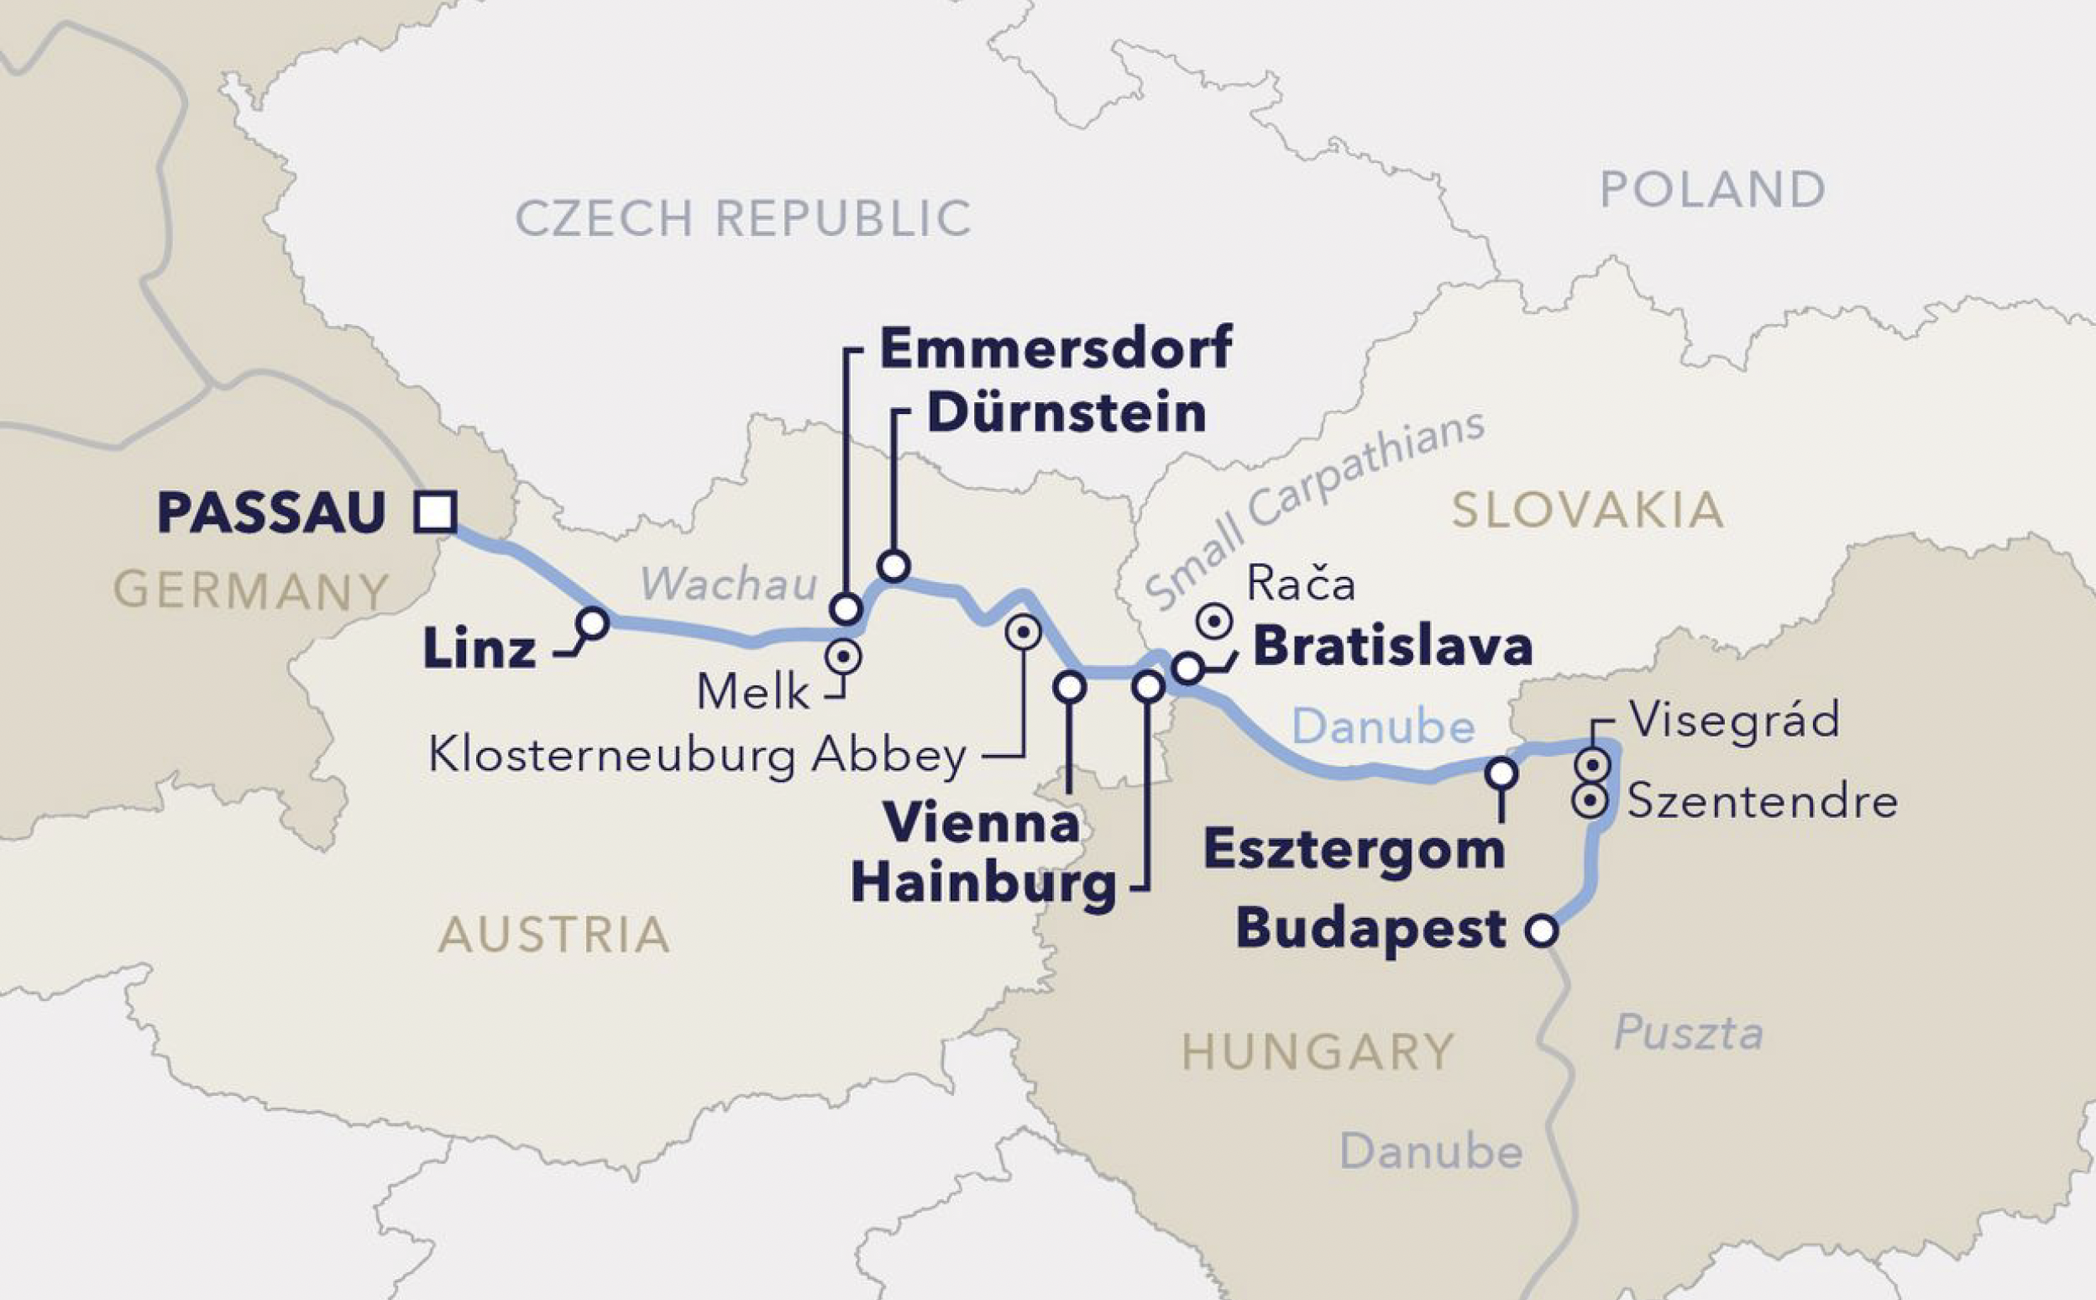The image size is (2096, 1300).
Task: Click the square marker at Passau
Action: click(434, 512)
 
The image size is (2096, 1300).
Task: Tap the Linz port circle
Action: click(592, 622)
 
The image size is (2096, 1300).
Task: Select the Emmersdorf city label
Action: click(1056, 348)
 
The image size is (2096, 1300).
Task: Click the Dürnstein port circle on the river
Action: click(894, 566)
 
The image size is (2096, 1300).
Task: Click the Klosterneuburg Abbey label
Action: click(697, 757)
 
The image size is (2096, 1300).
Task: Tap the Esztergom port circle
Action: click(1502, 773)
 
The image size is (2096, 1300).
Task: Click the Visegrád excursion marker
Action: click(1591, 763)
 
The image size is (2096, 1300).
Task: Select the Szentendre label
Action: click(1763, 801)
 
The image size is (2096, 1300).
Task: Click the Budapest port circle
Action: click(1542, 930)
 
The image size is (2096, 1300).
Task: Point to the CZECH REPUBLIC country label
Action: click(743, 218)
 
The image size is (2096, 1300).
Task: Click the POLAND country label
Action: click(1711, 189)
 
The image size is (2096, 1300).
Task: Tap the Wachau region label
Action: click(728, 584)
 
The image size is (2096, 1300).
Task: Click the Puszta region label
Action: click(1689, 1032)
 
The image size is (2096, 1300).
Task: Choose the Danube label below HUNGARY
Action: click(1431, 1151)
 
